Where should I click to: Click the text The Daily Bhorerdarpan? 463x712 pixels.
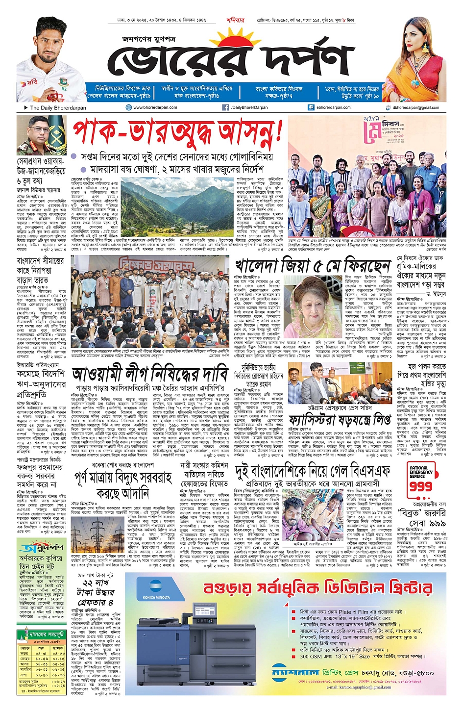tap(58, 107)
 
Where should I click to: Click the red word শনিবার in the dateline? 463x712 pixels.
tap(235, 20)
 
